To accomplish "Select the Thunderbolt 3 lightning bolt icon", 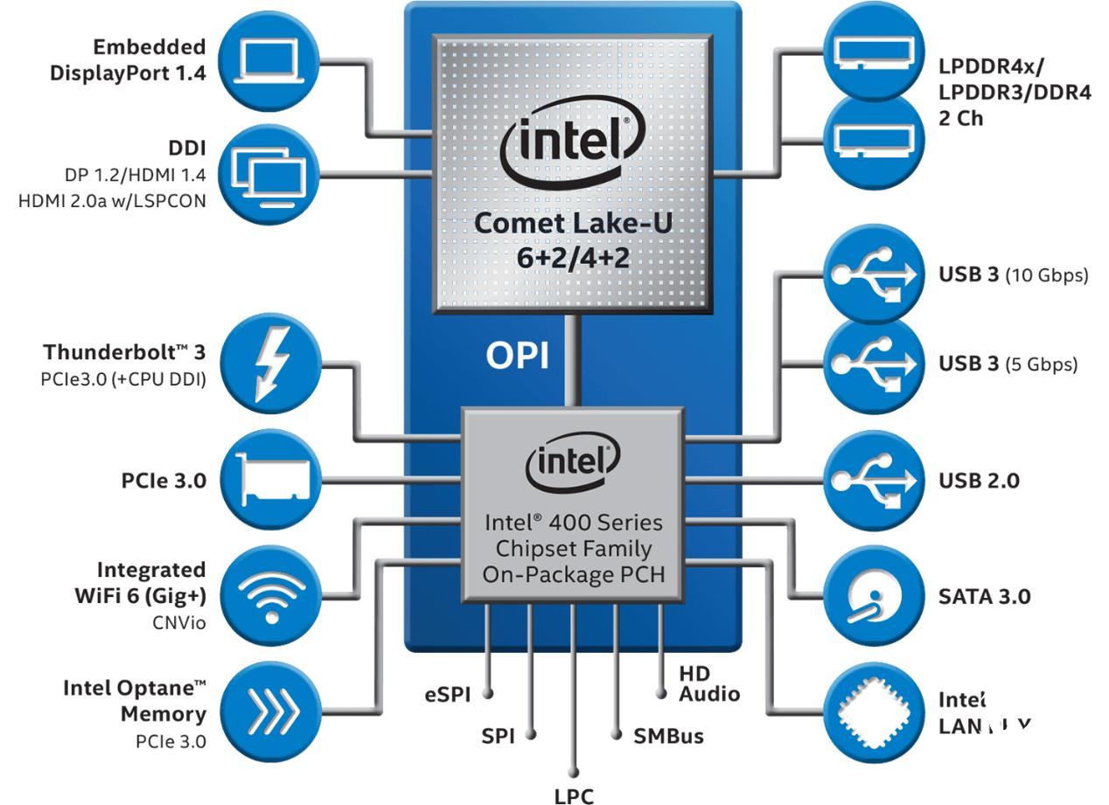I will pyautogui.click(x=272, y=364).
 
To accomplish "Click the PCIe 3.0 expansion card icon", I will pyautogui.click(x=272, y=480).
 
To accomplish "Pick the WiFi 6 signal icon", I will pyautogui.click(x=272, y=596).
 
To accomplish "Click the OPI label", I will pyautogui.click(x=517, y=356).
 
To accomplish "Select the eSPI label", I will pyautogui.click(x=447, y=695).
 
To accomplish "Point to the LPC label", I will pyautogui.click(x=574, y=795).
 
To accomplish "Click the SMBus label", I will pyautogui.click(x=668, y=735).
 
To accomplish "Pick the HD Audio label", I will pyautogui.click(x=708, y=684).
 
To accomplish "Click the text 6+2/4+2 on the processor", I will pyautogui.click(x=572, y=260).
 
